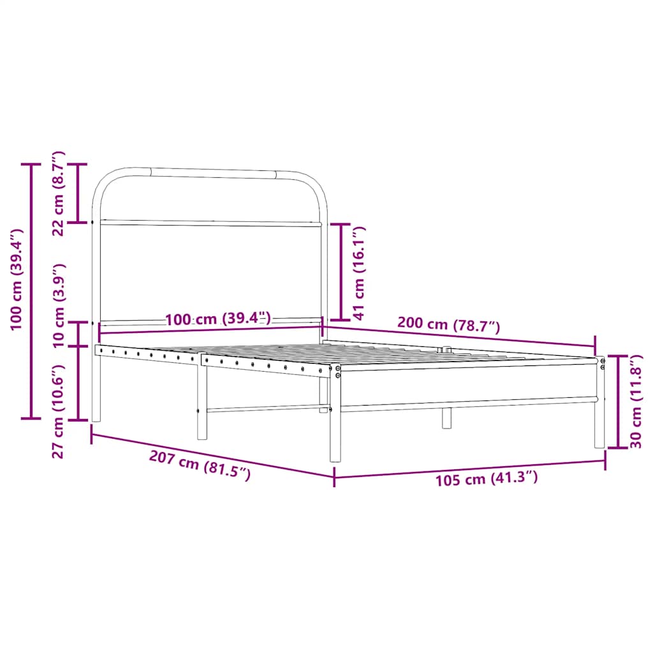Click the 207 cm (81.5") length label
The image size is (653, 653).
point(200,465)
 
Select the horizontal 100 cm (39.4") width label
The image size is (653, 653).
point(218,318)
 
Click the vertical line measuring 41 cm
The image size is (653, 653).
point(341,272)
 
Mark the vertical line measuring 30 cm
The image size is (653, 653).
point(618,402)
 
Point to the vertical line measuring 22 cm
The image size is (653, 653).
point(78,193)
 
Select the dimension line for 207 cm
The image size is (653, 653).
point(212,455)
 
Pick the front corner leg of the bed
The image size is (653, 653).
point(335,421)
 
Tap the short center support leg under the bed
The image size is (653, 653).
point(446,418)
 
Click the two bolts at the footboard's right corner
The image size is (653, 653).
point(603,363)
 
